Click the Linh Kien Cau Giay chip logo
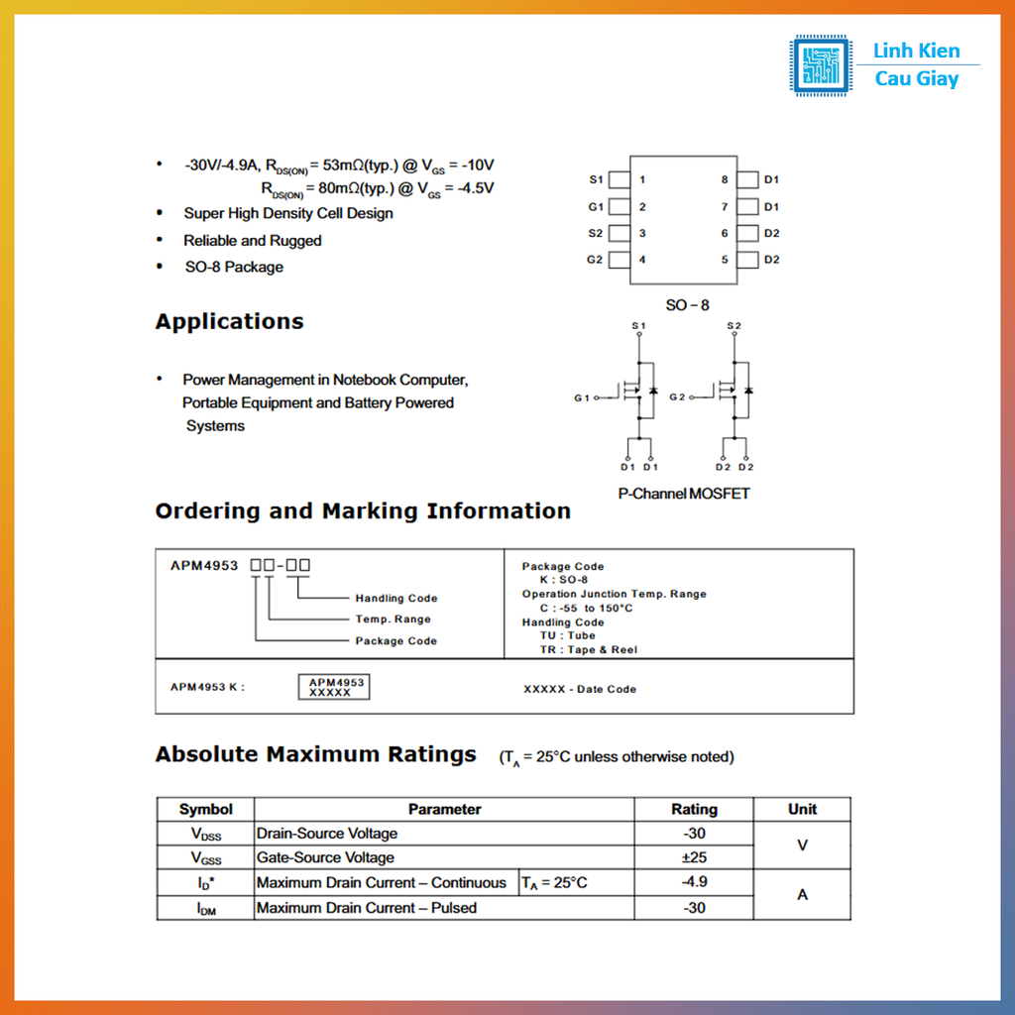pyautogui.click(x=821, y=65)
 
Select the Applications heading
pyautogui.click(x=229, y=322)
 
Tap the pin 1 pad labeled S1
pyautogui.click(x=620, y=179)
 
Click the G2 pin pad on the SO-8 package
pyautogui.click(x=620, y=260)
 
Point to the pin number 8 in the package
pyautogui.click(x=725, y=179)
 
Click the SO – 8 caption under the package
pyautogui.click(x=687, y=305)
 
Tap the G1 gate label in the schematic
pyautogui.click(x=581, y=397)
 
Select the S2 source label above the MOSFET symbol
pyautogui.click(x=733, y=326)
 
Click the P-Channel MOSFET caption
pyautogui.click(x=684, y=494)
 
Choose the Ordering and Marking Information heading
pyautogui.click(x=363, y=511)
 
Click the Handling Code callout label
pyautogui.click(x=395, y=598)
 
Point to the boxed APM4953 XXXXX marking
pyautogui.click(x=336, y=687)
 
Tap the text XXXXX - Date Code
pyautogui.click(x=580, y=689)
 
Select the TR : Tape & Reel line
pyautogui.click(x=589, y=650)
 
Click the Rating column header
pyautogui.click(x=694, y=809)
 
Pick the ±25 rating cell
pyautogui.click(x=694, y=857)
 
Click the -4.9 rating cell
pyautogui.click(x=694, y=882)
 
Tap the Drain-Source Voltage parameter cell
pyautogui.click(x=327, y=834)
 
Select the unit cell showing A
pyautogui.click(x=802, y=895)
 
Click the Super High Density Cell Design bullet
pyautogui.click(x=287, y=213)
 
